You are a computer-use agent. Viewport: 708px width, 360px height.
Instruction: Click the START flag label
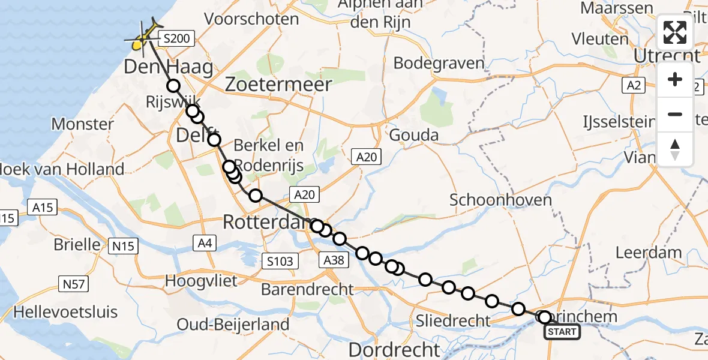562,332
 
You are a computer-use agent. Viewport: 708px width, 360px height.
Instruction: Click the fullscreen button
675,32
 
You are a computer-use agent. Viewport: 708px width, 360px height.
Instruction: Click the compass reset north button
675,149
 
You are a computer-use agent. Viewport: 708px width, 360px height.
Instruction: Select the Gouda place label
414,135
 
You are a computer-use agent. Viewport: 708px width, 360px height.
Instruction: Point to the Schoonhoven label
501,200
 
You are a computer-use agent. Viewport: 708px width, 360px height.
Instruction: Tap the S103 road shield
281,260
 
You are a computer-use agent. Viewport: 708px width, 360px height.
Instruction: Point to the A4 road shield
203,242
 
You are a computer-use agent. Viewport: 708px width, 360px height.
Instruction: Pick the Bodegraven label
439,63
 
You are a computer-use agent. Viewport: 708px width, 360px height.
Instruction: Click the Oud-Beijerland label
233,325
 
